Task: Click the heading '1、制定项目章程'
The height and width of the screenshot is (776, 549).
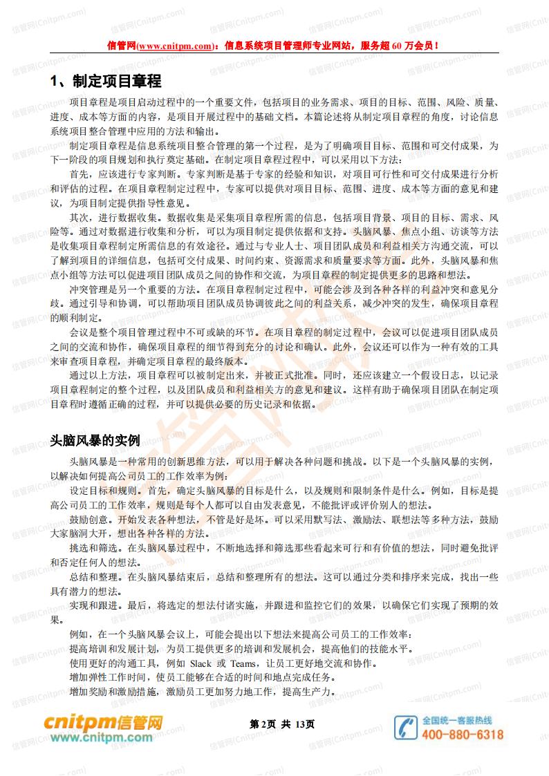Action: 106,82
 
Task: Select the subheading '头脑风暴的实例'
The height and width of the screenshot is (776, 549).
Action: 95,440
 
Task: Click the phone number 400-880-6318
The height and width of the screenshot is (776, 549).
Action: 462,735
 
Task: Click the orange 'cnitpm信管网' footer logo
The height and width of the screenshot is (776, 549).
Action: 104,723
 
